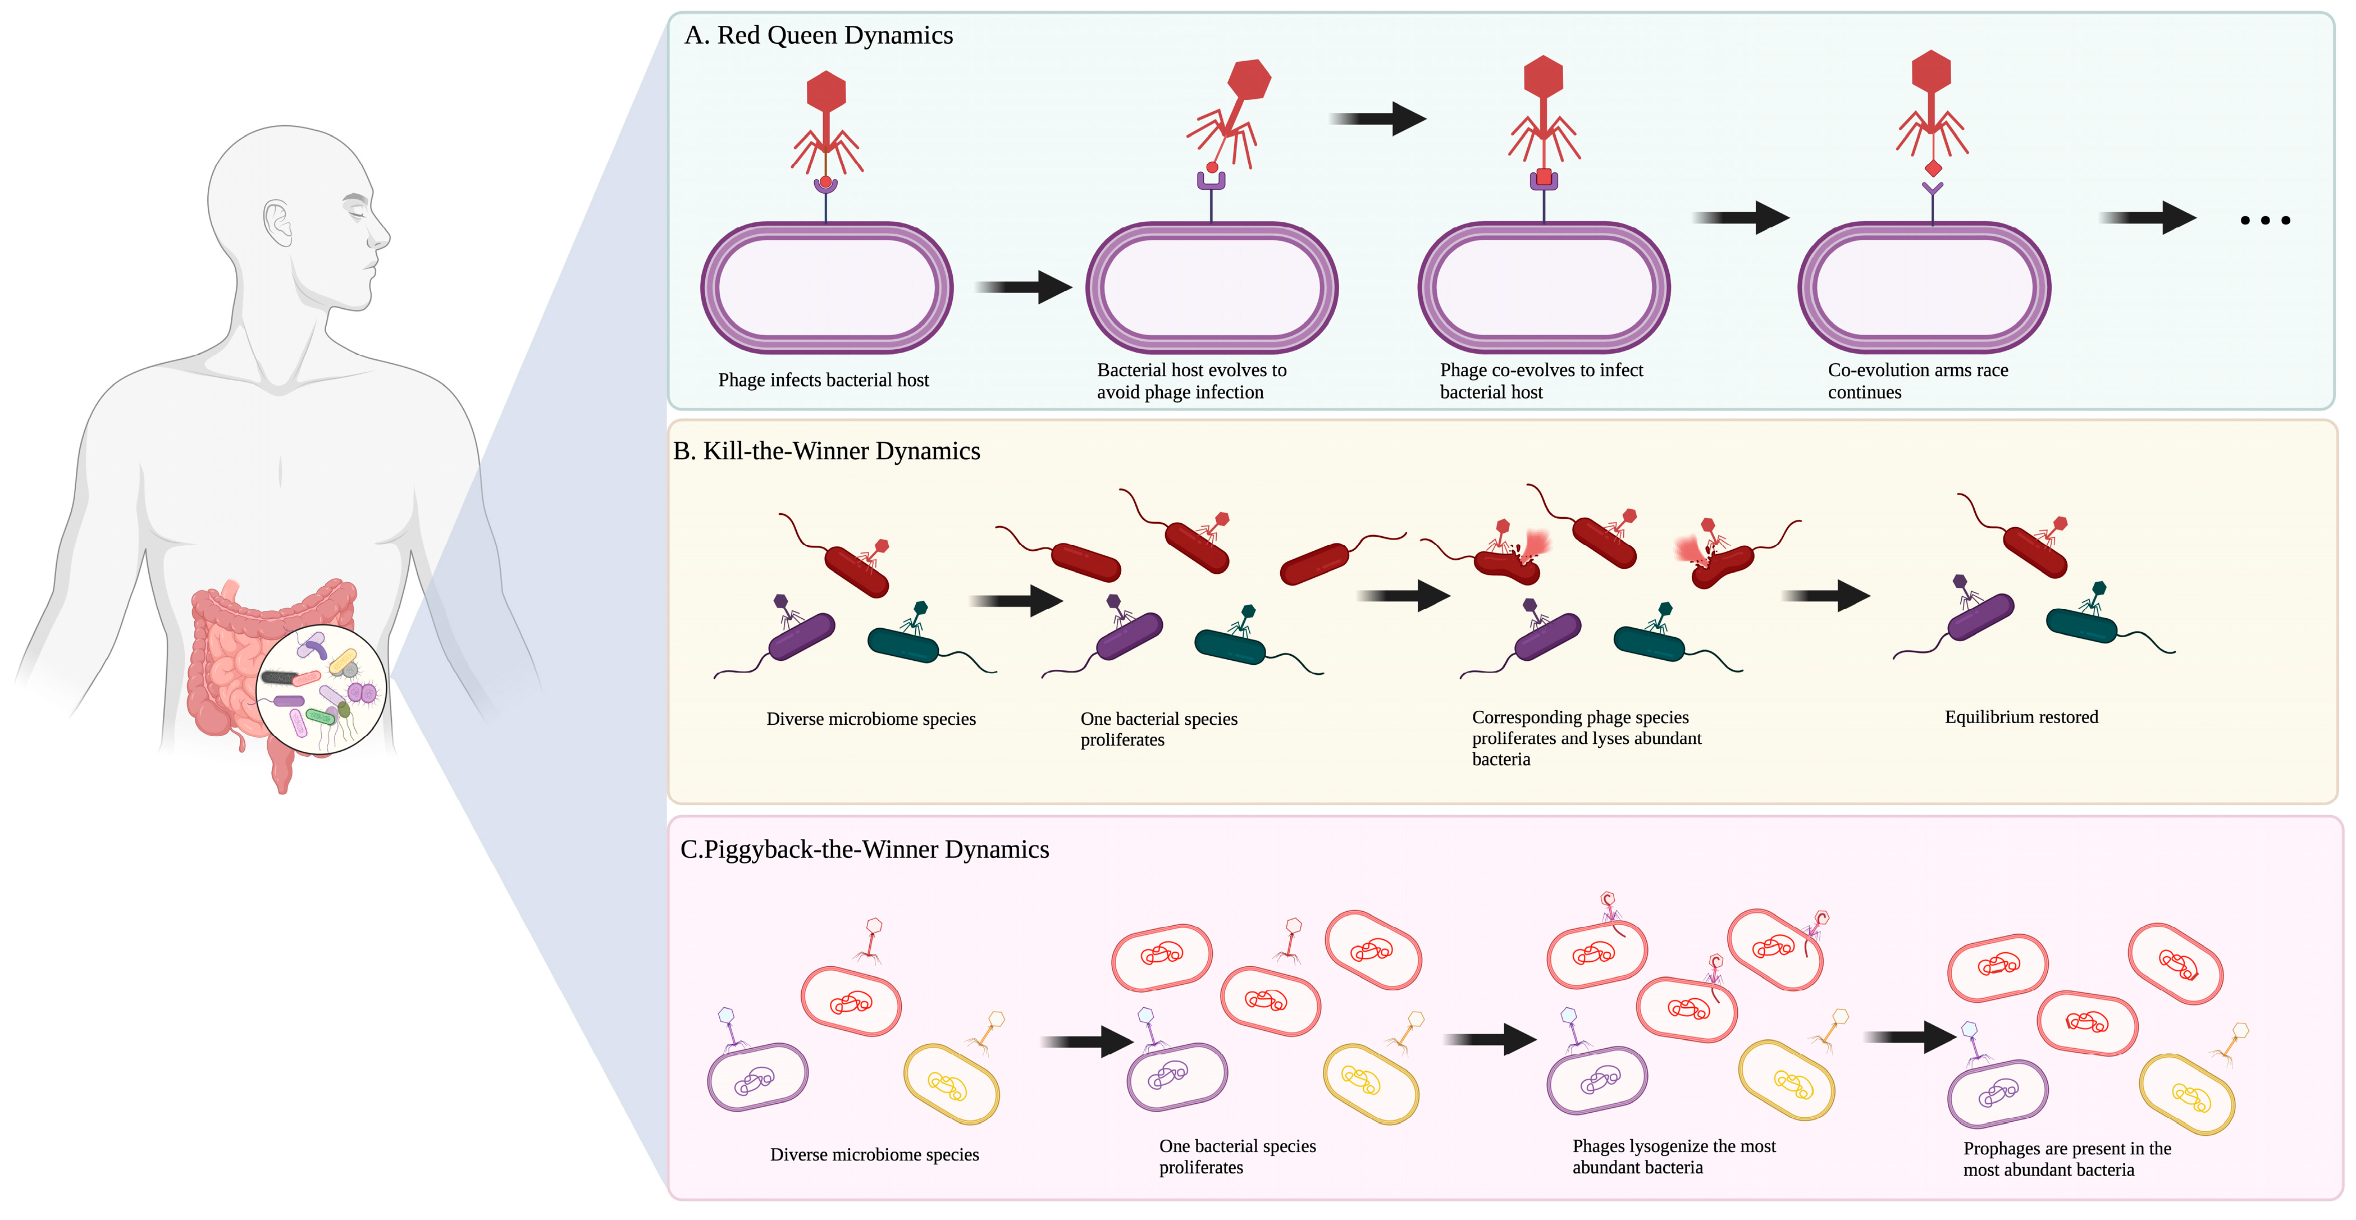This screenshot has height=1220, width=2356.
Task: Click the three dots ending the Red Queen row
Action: (x=2264, y=221)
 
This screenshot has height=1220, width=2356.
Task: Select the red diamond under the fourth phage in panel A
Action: (x=1933, y=168)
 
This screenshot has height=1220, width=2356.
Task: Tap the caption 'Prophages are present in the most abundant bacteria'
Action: (x=2066, y=1159)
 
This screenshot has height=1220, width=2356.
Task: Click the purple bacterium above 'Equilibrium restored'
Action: (x=1980, y=618)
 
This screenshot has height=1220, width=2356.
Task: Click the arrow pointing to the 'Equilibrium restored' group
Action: (x=1825, y=596)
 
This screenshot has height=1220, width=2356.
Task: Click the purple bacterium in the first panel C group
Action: (x=757, y=1077)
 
